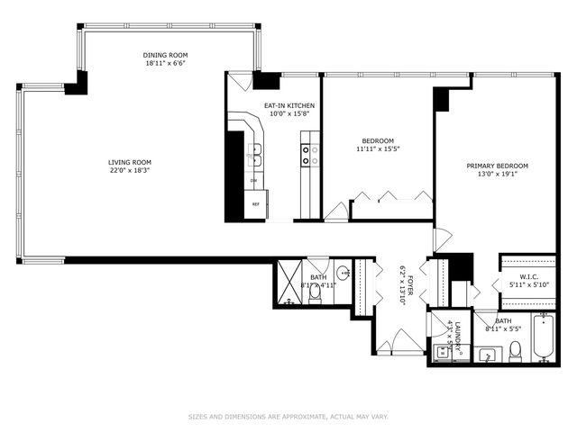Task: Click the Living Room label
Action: coord(130,162)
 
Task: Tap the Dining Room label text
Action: coord(165,55)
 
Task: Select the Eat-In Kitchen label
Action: coord(288,105)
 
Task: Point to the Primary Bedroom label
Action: coord(497,166)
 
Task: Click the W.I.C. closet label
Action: coord(528,276)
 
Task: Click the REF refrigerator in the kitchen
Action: coord(256,204)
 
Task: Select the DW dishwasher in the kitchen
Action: coord(253,180)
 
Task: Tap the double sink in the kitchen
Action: coord(255,154)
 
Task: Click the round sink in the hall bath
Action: coord(343,274)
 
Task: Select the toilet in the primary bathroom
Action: coord(515,350)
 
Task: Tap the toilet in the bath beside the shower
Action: coord(315,292)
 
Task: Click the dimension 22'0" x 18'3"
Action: coord(130,170)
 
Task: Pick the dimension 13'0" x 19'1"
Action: coord(497,175)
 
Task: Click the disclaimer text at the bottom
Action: coord(288,417)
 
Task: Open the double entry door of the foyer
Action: coord(398,343)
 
